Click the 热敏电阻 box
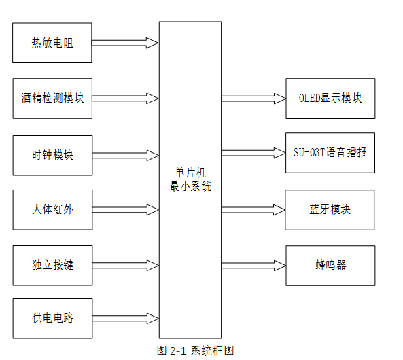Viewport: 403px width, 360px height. (x=52, y=43)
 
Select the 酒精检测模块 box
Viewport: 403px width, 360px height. (x=52, y=98)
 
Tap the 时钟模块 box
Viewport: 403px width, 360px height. (x=53, y=156)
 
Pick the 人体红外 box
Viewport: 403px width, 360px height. (x=53, y=210)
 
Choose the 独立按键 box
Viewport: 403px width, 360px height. (x=53, y=266)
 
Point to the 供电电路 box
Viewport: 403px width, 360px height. (x=53, y=319)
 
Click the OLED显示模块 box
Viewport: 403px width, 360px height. (x=330, y=98)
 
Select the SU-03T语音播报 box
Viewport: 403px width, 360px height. (x=330, y=153)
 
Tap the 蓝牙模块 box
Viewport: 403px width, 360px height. (x=330, y=210)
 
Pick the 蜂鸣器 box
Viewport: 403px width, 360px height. (x=330, y=266)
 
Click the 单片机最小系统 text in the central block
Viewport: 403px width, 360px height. (x=190, y=179)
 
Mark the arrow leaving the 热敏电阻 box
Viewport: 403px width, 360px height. (x=125, y=43)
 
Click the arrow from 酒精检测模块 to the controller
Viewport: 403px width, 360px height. (x=126, y=98)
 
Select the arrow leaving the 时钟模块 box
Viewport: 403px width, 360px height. (x=126, y=156)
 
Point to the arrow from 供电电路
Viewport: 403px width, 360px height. (x=126, y=319)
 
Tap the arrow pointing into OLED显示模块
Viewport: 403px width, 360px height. (x=253, y=98)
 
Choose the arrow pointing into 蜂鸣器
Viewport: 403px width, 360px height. (x=253, y=266)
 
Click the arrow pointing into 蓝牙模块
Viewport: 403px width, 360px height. (x=253, y=210)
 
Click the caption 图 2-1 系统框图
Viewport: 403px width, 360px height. (x=195, y=350)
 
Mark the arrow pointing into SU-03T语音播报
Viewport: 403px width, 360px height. (x=253, y=153)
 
